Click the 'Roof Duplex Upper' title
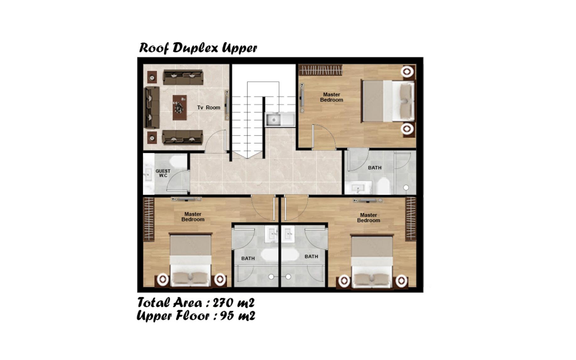[x=198, y=48]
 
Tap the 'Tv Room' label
[x=209, y=107]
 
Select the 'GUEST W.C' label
[x=163, y=173]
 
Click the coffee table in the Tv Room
[x=180, y=108]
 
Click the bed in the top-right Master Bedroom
[x=388, y=101]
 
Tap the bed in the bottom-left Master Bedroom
[x=190, y=260]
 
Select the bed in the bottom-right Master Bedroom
[x=372, y=261]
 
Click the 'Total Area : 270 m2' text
[x=196, y=303]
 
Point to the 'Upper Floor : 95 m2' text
[x=196, y=315]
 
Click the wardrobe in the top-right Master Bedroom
[x=320, y=70]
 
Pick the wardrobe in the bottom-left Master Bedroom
[x=149, y=219]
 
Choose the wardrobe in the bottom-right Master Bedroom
[x=410, y=219]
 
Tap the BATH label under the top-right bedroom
[x=375, y=168]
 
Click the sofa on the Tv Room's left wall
[x=152, y=107]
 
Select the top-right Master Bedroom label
[x=332, y=97]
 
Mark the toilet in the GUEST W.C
[x=178, y=161]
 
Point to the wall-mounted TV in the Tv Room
[x=226, y=105]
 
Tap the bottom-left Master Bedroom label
[x=193, y=217]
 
